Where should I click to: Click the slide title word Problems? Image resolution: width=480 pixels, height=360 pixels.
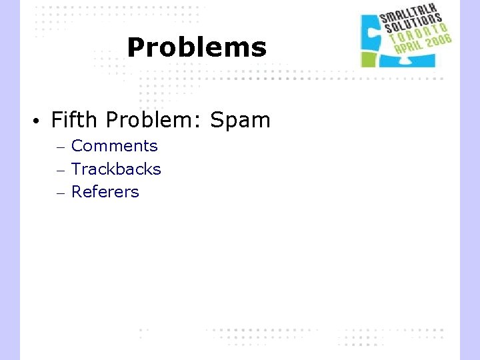(x=196, y=47)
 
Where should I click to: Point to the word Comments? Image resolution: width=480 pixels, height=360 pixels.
(x=114, y=146)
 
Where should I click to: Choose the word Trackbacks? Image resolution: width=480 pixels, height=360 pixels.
(x=116, y=169)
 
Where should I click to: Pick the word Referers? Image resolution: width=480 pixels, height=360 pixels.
(x=105, y=192)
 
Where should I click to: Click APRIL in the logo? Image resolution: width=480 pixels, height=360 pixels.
(x=409, y=49)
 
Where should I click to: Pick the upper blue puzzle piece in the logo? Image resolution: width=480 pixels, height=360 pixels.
(x=371, y=31)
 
